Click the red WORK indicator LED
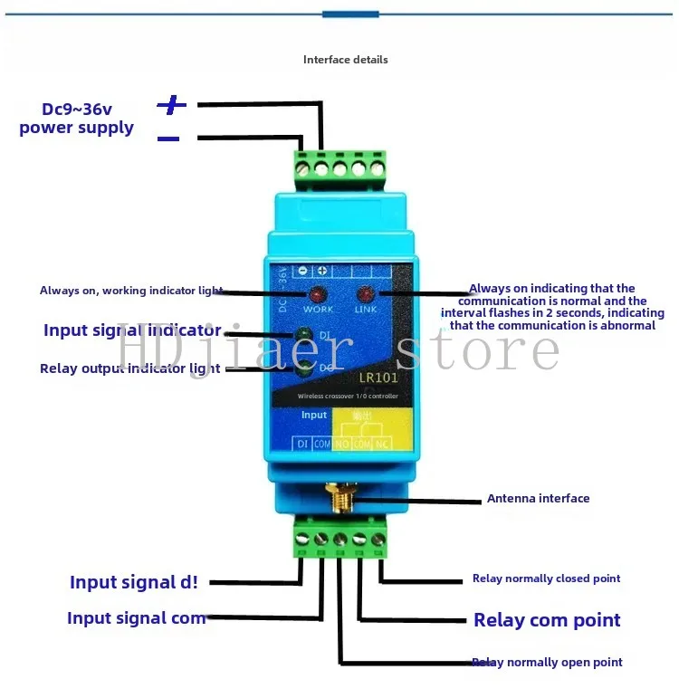click(318, 295)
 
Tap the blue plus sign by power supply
click(172, 105)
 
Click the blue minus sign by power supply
click(168, 139)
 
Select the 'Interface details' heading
click(345, 60)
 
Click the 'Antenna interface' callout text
click(538, 499)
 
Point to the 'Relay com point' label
click(547, 620)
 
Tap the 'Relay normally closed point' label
click(546, 578)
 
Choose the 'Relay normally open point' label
click(548, 663)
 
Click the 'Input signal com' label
click(137, 618)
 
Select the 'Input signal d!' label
click(133, 582)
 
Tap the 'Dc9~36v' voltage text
click(76, 109)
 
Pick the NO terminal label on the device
click(343, 444)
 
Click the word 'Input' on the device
click(314, 415)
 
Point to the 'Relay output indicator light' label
click(129, 368)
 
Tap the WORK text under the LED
click(318, 310)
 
